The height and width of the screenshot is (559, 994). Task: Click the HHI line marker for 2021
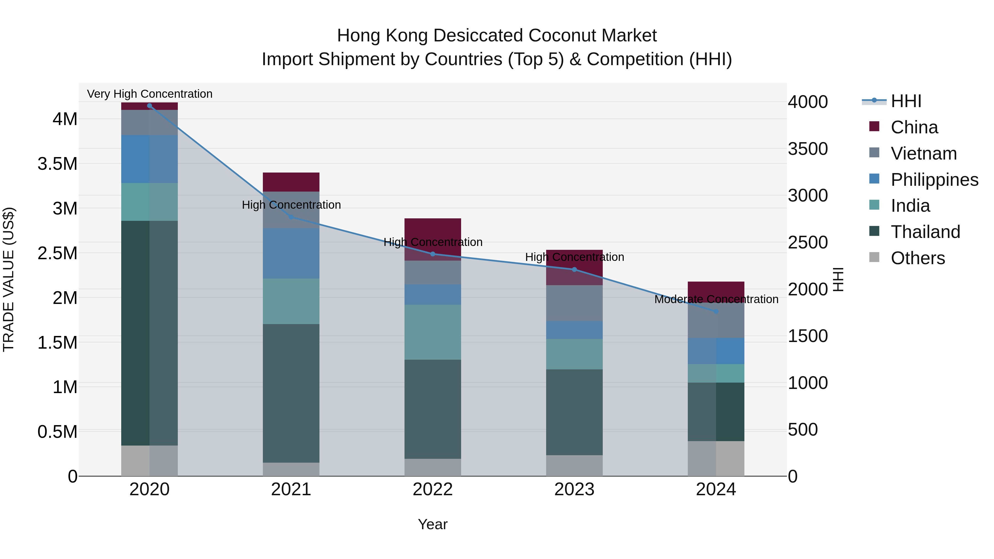[x=291, y=217]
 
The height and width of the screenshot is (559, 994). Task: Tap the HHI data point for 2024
[x=716, y=311]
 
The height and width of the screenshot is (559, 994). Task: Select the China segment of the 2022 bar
[x=433, y=230]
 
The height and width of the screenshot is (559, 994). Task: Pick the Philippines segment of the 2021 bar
[x=291, y=253]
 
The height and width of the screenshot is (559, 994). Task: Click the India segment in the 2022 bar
[x=433, y=332]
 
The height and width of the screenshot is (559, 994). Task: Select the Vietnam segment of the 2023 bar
[x=574, y=303]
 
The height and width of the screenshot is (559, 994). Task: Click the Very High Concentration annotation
[x=150, y=94]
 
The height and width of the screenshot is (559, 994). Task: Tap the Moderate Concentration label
[x=716, y=299]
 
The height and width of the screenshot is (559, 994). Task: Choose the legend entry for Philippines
[x=934, y=180]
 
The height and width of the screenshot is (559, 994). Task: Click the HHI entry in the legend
[x=906, y=101]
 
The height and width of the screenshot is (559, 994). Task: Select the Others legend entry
[x=918, y=258]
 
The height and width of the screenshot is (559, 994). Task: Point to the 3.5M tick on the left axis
[x=57, y=164]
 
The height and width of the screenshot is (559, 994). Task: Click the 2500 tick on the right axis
[x=808, y=242]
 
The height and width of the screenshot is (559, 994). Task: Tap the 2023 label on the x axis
[x=574, y=489]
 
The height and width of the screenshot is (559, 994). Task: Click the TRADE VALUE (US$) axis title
[x=9, y=279]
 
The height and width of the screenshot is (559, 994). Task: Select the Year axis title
[x=433, y=524]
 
